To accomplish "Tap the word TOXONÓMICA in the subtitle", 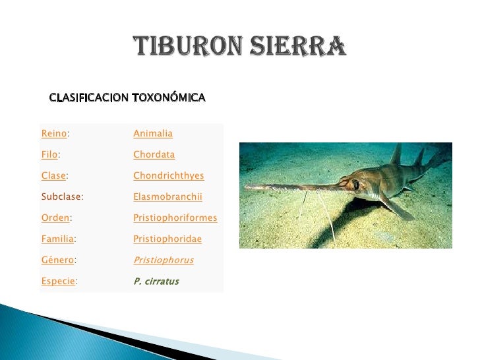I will [169, 98].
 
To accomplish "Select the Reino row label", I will [54, 134].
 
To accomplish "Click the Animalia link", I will [153, 134].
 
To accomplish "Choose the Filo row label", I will [49, 155].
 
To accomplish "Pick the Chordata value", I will [154, 155].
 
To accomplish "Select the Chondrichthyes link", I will [168, 176].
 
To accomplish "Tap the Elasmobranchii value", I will [167, 196].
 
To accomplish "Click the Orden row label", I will [55, 218].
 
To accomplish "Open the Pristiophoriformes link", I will [175, 218].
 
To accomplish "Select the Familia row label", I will [57, 239].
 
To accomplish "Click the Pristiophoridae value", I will [167, 239].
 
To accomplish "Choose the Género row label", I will [57, 260].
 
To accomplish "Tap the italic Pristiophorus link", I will [163, 260].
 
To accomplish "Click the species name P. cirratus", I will [156, 282].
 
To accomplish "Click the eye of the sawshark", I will [356, 185].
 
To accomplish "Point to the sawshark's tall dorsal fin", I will [396, 156].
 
